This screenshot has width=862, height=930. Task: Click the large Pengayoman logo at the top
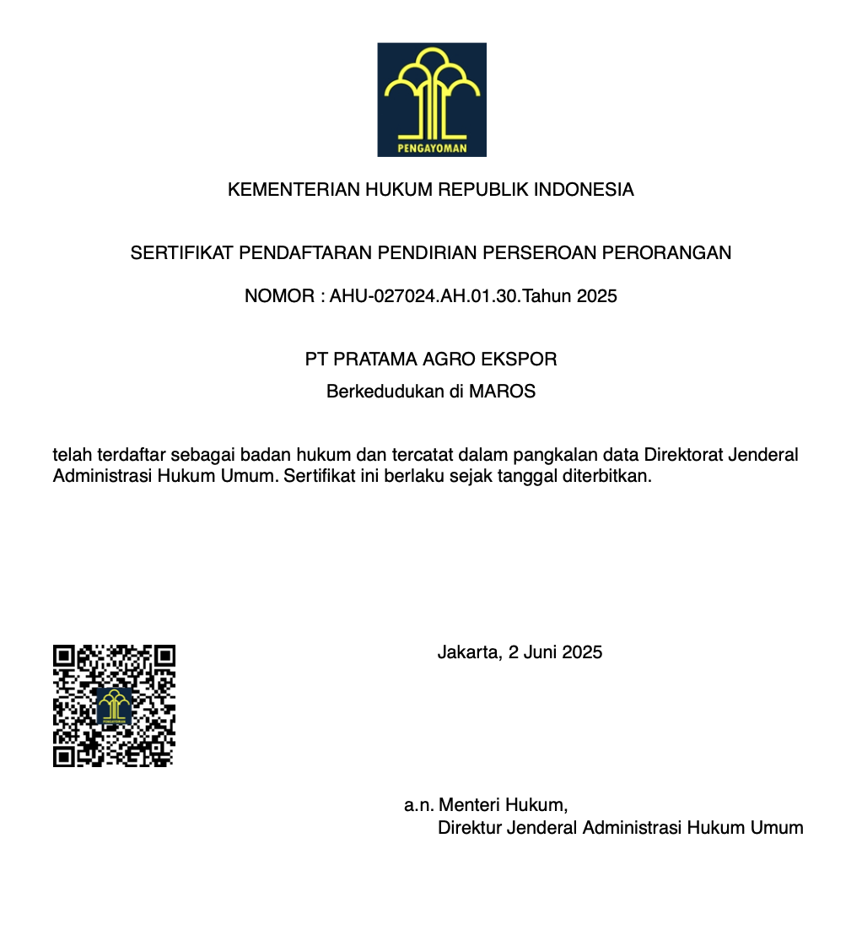[x=431, y=100]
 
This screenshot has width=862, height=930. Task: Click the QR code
[x=114, y=706]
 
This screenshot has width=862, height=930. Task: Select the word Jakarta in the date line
[x=467, y=652]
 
